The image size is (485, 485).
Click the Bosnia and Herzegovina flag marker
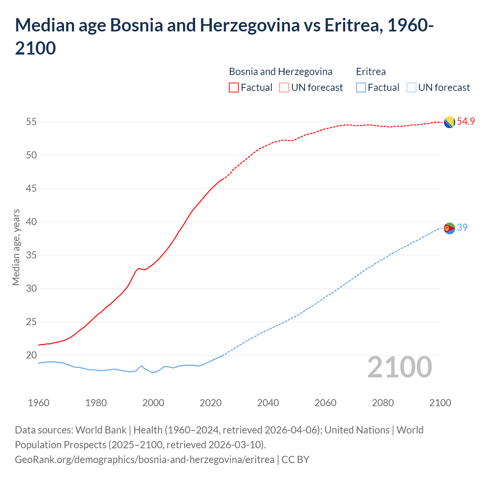(x=449, y=122)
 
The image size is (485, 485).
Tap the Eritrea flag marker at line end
(x=449, y=228)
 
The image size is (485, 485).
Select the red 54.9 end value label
(x=466, y=122)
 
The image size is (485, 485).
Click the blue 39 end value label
(x=462, y=227)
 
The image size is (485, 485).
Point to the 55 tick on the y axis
(x=31, y=122)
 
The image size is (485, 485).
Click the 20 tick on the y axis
(x=31, y=355)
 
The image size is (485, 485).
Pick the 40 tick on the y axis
(x=31, y=222)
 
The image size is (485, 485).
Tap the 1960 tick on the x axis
(x=39, y=403)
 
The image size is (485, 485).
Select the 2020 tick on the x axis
(x=211, y=403)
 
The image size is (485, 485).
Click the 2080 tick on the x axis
(x=383, y=403)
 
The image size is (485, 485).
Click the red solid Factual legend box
(x=234, y=88)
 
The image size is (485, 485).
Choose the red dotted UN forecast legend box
(x=284, y=88)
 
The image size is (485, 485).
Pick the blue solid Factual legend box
(x=361, y=88)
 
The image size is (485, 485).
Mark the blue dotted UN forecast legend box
(x=411, y=88)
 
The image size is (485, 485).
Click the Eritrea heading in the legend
(x=371, y=72)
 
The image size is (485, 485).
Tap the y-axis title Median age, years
(x=16, y=247)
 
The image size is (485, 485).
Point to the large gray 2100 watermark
(x=399, y=367)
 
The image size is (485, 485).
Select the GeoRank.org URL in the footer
(x=144, y=460)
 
